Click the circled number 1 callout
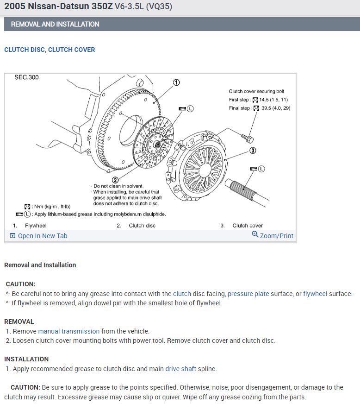click(x=176, y=82)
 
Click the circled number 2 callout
click(x=115, y=180)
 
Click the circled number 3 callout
click(x=253, y=150)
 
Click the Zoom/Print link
click(x=273, y=235)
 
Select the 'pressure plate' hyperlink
click(x=248, y=294)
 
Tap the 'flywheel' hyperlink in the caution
click(x=315, y=294)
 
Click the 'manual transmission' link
click(x=69, y=331)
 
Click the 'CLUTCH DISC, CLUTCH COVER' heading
click(x=50, y=50)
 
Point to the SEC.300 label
click(x=27, y=77)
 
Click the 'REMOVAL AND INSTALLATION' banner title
click(x=55, y=24)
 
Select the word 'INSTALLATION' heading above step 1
click(x=26, y=359)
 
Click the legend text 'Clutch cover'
click(x=248, y=226)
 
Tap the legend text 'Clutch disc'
click(x=142, y=226)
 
